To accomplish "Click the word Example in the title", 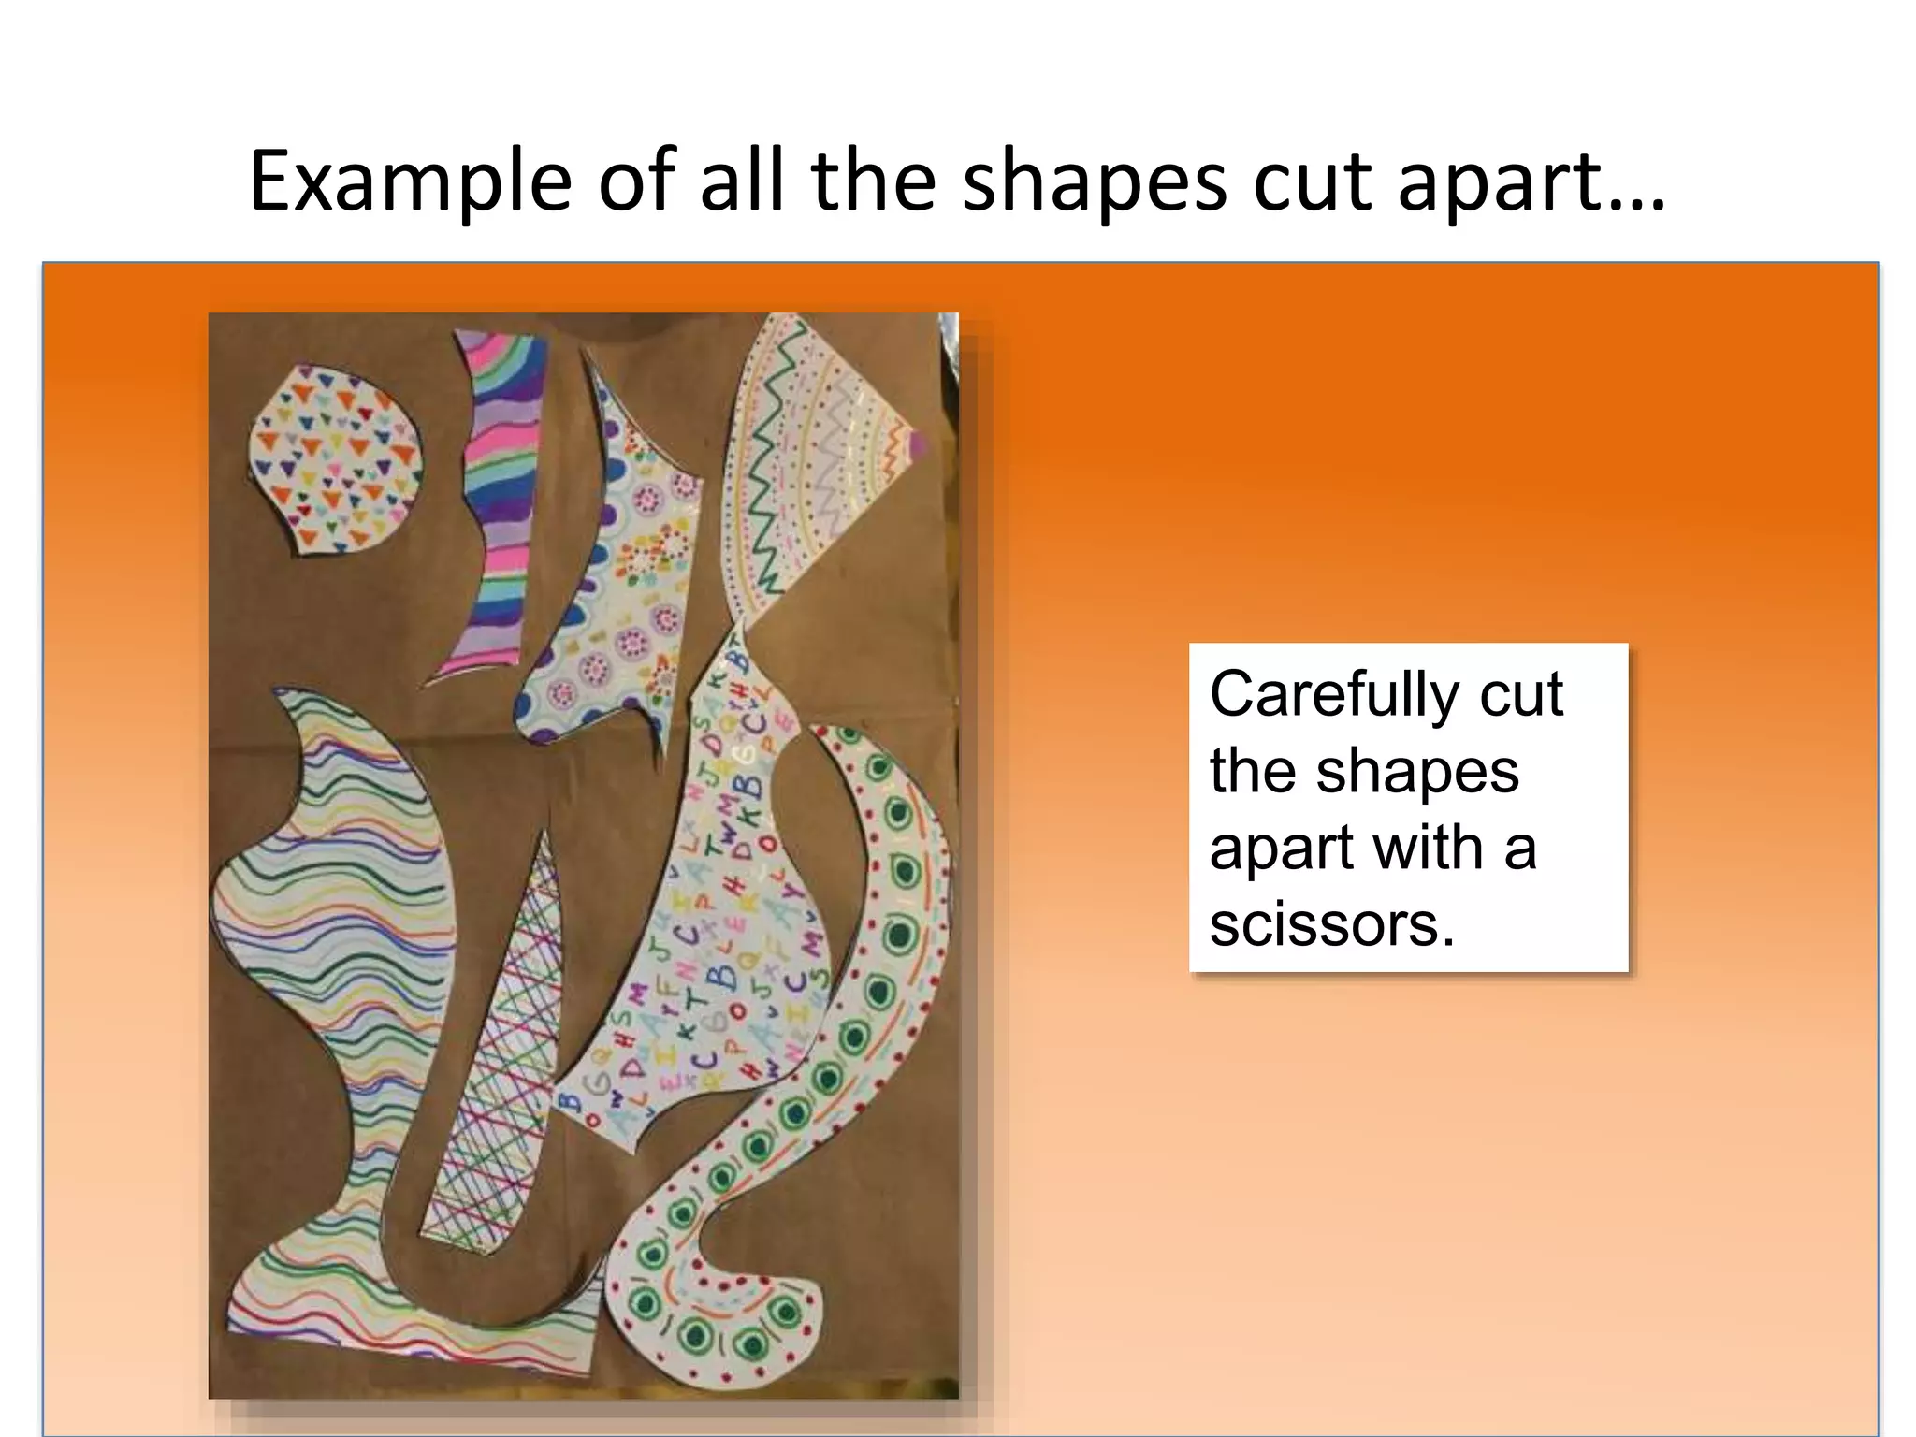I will tap(410, 182).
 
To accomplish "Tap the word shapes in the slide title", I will tap(1094, 182).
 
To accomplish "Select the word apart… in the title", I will tap(1531, 182).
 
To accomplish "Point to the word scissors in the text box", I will tap(1331, 925).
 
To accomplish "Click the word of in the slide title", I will tap(637, 182).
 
